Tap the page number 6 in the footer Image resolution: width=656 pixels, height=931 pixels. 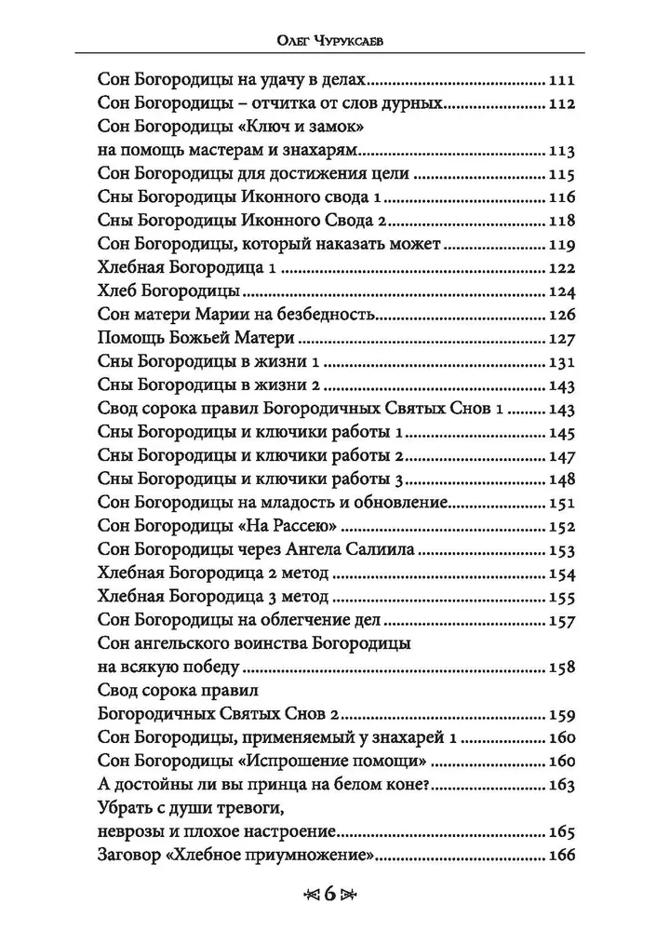(x=328, y=895)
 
